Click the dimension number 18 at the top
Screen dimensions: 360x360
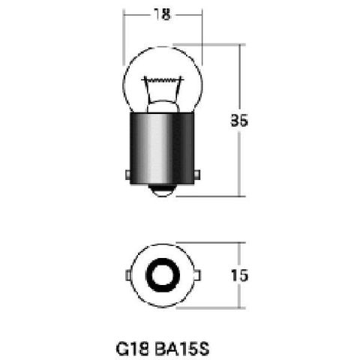[162, 14]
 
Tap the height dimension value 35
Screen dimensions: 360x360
[239, 121]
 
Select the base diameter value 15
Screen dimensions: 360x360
[239, 275]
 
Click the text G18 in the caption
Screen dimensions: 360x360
[133, 349]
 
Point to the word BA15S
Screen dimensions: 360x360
[182, 349]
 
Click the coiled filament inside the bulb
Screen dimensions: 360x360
[163, 80]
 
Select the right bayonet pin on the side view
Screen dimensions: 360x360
[197, 175]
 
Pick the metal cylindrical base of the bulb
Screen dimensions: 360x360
[162, 148]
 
